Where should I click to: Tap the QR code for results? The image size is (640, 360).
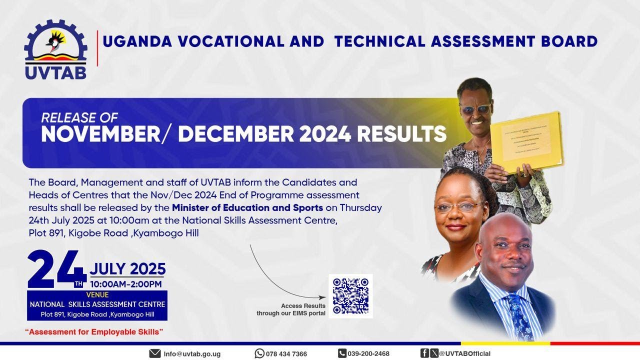tap(350, 296)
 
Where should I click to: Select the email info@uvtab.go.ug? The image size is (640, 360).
tap(192, 353)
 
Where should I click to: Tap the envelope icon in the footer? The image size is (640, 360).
tap(155, 353)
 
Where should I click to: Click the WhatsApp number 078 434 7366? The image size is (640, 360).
tap(286, 353)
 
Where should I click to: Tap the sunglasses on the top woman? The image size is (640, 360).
tap(475, 109)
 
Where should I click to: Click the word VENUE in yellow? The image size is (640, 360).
tap(97, 295)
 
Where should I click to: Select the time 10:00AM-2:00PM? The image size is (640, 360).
tap(126, 284)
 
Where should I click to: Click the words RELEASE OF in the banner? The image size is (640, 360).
tap(79, 118)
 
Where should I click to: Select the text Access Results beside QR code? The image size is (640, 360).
tap(303, 305)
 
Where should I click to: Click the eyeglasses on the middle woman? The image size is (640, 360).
tap(457, 206)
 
